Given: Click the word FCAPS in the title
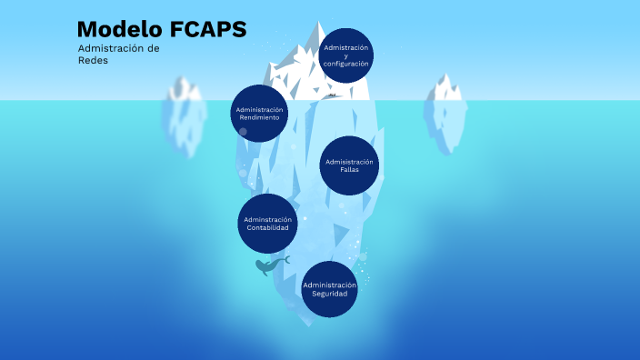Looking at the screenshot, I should click(207, 30).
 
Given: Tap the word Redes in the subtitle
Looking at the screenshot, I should click(93, 60).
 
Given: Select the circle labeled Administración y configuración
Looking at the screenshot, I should click(345, 55).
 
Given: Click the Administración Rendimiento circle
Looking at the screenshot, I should click(259, 114).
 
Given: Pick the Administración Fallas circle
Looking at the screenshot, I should click(350, 165).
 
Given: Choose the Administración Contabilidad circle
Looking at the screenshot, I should click(267, 223).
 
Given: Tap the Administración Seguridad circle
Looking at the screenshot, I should click(329, 289).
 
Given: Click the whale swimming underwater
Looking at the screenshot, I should click(270, 265).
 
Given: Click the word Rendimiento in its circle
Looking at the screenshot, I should click(259, 118).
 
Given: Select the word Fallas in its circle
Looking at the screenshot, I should click(350, 170).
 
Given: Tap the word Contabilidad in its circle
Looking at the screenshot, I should click(267, 227).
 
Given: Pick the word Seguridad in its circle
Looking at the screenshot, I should click(329, 294).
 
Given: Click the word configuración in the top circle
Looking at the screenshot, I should click(345, 64).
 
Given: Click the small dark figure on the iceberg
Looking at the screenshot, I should click(333, 95).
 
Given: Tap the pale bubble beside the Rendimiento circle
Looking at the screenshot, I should click(243, 132).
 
